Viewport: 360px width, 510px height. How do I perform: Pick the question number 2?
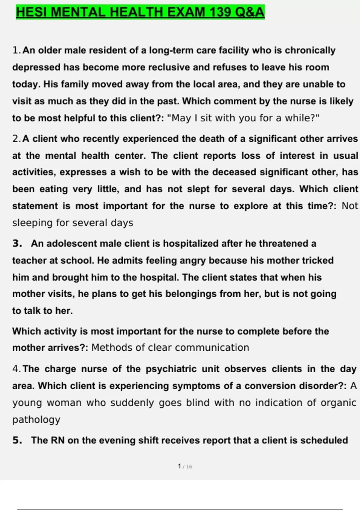(16, 139)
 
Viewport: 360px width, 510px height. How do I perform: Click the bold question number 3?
(17, 243)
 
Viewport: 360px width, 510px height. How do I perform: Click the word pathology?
(36, 419)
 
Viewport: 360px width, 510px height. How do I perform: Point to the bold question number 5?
(17, 440)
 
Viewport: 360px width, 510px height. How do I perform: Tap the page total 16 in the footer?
(189, 466)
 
